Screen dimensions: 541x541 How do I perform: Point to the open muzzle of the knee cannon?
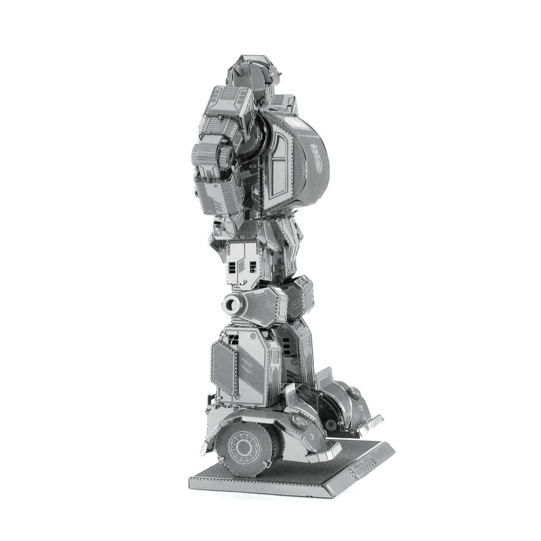tap(231, 303)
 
